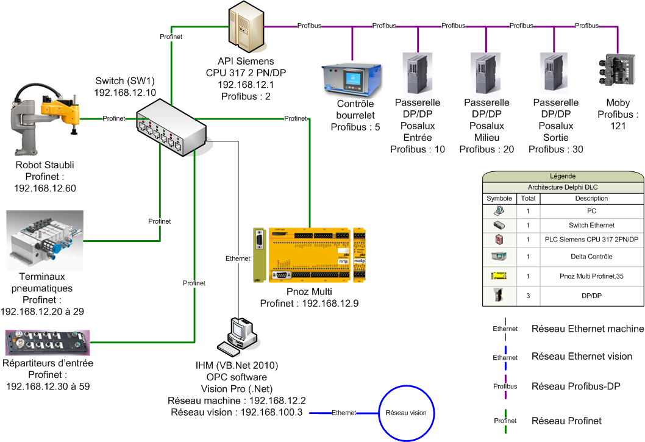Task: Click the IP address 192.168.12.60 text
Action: point(45,188)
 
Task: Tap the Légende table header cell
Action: point(563,176)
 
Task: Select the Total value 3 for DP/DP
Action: point(529,296)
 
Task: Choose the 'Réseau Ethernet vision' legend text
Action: point(582,357)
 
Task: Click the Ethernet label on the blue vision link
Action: point(343,413)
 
